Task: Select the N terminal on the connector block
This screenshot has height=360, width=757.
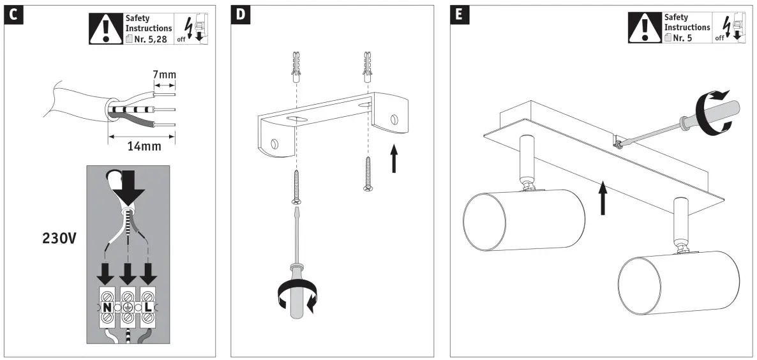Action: [x=107, y=308]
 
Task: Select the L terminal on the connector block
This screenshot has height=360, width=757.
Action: [x=148, y=308]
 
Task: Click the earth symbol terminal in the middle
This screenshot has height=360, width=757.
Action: [x=128, y=308]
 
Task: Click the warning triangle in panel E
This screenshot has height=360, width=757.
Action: [x=643, y=28]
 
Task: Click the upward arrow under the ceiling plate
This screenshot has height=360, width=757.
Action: [x=601, y=197]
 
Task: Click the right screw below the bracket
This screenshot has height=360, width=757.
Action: [x=368, y=176]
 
